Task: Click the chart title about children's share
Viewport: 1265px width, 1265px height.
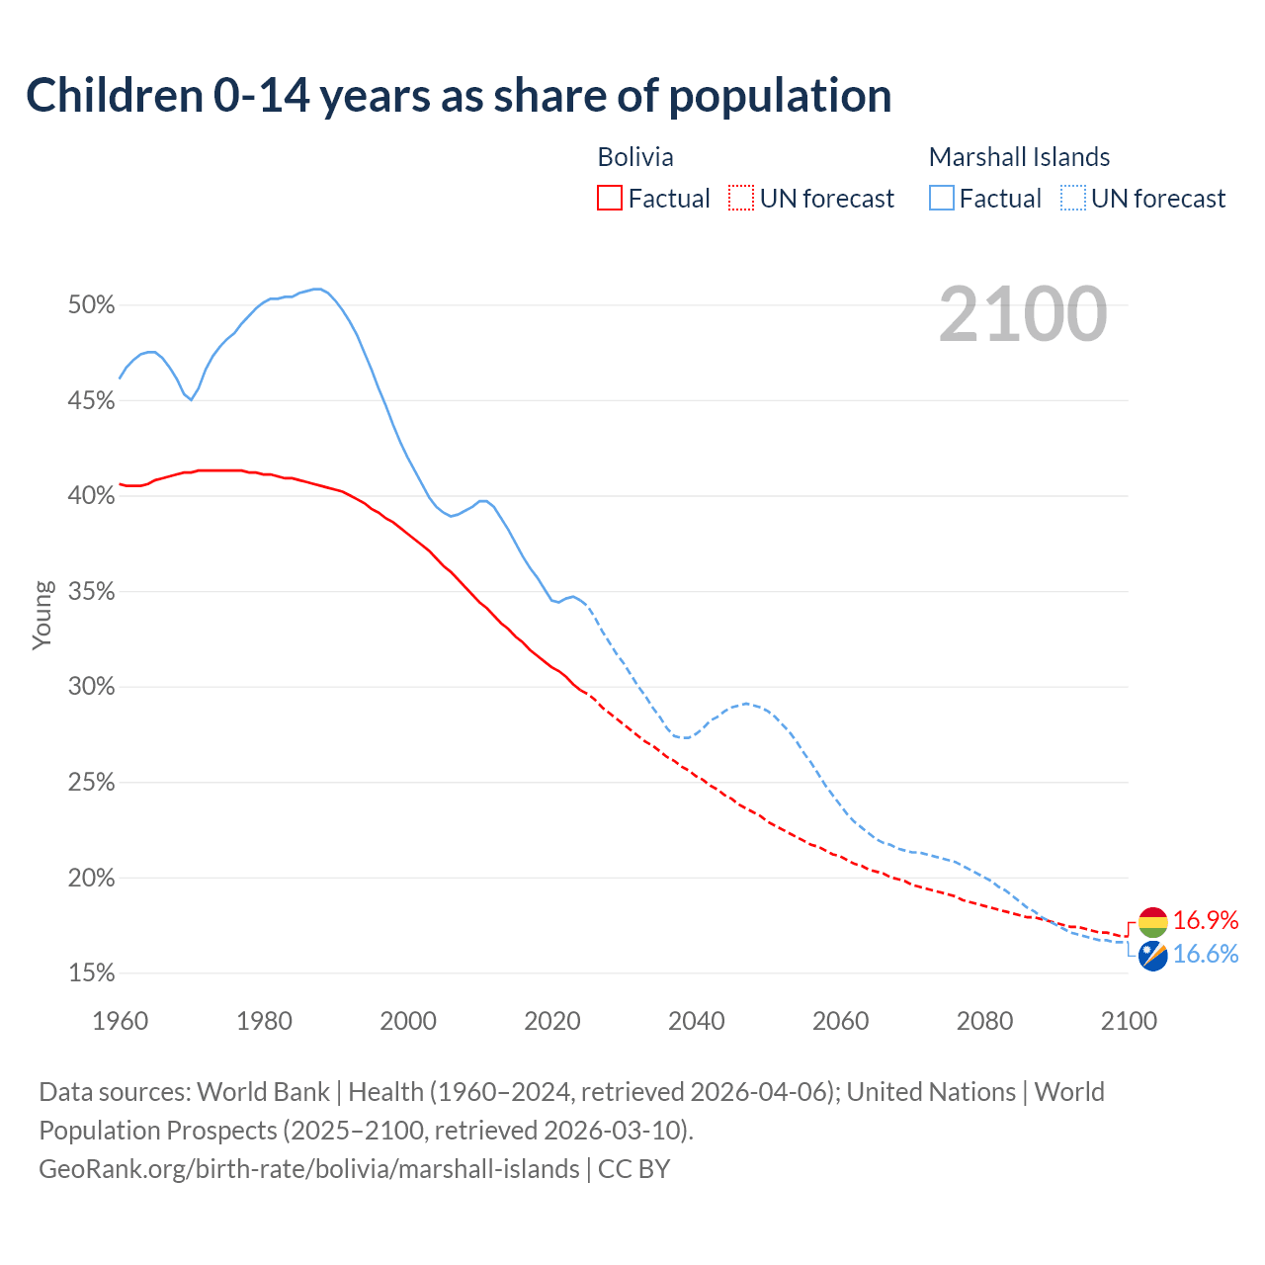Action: point(459,96)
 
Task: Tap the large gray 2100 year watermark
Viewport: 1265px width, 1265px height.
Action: point(1023,314)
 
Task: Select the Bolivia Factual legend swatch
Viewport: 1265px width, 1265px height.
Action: point(610,199)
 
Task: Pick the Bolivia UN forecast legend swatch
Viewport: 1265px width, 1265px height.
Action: point(741,199)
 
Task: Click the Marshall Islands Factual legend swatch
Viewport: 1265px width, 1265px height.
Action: point(942,199)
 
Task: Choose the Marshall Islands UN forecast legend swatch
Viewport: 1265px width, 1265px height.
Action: point(1073,199)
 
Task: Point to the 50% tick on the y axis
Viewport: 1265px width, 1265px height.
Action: point(92,305)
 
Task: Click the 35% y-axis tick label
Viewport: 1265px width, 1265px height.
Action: point(92,592)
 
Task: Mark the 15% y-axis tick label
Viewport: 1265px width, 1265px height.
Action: point(92,973)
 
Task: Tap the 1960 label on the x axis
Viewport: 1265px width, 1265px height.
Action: point(121,1021)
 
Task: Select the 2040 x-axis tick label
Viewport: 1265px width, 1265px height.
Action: point(697,1021)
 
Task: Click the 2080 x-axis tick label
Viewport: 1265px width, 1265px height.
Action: point(984,1021)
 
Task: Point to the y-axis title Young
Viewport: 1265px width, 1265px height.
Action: point(42,615)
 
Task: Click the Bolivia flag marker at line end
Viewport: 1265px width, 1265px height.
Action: point(1152,922)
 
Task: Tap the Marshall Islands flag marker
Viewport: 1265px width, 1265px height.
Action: point(1152,956)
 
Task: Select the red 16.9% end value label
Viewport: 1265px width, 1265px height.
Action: point(1206,921)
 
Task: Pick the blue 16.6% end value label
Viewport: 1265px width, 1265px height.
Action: point(1206,955)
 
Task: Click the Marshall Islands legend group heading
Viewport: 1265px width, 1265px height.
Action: point(1019,157)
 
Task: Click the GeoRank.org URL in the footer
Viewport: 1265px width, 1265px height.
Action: point(309,1169)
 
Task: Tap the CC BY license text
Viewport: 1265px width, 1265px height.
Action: point(634,1169)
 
